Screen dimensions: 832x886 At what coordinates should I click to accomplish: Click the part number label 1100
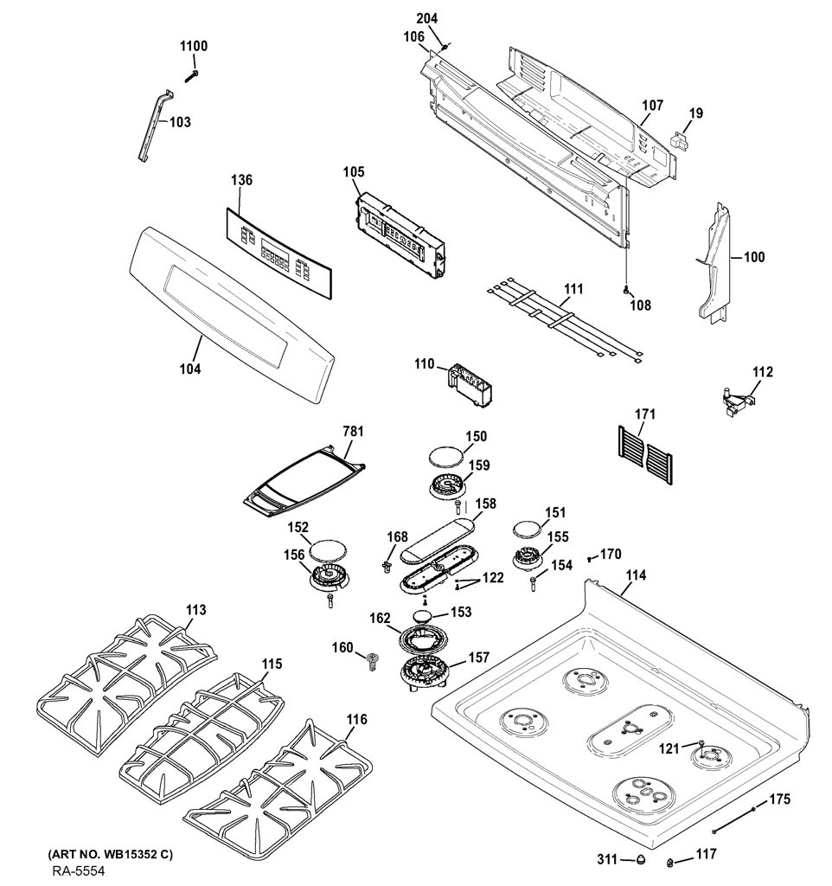pyautogui.click(x=194, y=47)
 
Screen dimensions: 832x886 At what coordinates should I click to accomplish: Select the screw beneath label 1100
pyautogui.click(x=191, y=74)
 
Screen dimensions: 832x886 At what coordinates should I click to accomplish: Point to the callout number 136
pyautogui.click(x=241, y=180)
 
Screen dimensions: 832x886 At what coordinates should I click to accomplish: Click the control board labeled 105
pyautogui.click(x=400, y=235)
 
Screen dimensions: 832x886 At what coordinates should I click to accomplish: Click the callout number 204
pyautogui.click(x=427, y=19)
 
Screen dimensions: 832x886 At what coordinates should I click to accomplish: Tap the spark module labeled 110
pyautogui.click(x=469, y=385)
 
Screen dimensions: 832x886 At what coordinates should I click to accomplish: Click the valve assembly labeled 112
pyautogui.click(x=738, y=400)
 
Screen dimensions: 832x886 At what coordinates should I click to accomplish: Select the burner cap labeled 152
pyautogui.click(x=328, y=550)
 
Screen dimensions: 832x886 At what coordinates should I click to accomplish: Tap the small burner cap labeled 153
pyautogui.click(x=425, y=616)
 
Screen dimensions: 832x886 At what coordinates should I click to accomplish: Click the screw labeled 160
pyautogui.click(x=372, y=660)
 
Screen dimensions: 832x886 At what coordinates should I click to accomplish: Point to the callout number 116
pyautogui.click(x=356, y=719)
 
